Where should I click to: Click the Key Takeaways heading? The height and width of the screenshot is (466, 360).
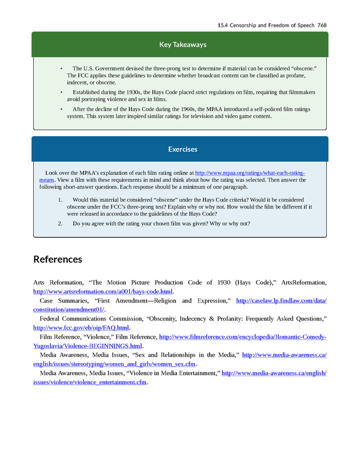coord(183,45)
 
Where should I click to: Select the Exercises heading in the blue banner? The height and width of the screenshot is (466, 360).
coord(183,149)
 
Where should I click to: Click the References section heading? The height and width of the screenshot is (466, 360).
coord(58,260)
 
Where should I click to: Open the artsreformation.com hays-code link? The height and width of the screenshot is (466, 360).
coord(103,292)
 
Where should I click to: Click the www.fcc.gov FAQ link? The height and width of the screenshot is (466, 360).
coord(81,328)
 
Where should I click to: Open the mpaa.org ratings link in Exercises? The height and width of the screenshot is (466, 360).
coord(250,173)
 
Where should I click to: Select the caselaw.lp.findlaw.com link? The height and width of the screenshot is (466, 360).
coord(281,301)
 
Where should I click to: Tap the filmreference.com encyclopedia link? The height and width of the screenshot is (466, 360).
coord(242,337)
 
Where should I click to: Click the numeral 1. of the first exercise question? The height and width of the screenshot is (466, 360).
coord(60,200)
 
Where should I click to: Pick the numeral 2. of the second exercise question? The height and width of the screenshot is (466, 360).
coord(60,223)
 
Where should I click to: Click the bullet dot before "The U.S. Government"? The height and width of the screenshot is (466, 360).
coord(62,68)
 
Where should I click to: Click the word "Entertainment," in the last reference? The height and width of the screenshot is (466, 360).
coord(198,373)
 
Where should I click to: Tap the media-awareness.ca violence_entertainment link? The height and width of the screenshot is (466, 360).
coord(274,373)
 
